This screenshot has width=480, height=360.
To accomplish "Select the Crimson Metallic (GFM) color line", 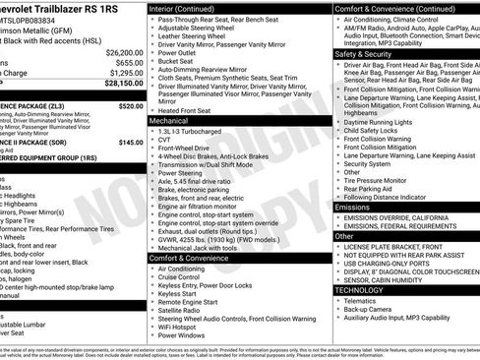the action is point(44,30).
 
